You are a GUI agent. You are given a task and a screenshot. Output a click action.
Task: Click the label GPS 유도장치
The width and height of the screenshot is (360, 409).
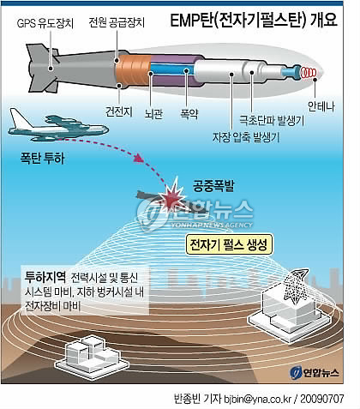click(x=45, y=23)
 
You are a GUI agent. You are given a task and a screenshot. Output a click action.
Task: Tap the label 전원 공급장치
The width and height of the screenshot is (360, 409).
click(x=117, y=22)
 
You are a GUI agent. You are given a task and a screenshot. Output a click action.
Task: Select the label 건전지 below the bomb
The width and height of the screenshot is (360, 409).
click(x=119, y=111)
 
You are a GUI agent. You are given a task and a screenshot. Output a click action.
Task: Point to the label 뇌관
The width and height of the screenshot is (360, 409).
click(x=153, y=114)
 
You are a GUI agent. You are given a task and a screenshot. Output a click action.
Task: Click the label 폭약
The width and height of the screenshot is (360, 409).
click(x=189, y=114)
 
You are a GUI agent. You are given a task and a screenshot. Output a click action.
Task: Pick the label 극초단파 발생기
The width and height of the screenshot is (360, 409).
click(x=272, y=120)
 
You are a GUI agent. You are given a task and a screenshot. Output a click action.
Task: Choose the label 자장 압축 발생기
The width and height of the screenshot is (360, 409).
click(x=246, y=137)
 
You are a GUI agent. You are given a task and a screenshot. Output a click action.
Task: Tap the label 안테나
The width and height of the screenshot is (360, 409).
click(x=321, y=106)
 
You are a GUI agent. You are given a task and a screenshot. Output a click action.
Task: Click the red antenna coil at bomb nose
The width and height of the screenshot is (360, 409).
click(x=309, y=73)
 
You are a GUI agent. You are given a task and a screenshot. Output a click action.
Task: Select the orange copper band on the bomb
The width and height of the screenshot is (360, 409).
click(x=133, y=69)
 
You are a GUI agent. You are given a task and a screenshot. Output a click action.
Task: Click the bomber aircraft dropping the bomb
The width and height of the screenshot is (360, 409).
click(x=58, y=126)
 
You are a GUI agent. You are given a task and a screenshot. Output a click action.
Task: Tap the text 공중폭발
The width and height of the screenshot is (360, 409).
click(x=213, y=185)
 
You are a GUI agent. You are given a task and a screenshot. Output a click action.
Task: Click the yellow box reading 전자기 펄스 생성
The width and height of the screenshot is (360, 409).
click(x=229, y=244)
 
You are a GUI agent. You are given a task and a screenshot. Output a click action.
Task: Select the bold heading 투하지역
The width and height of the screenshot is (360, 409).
click(x=45, y=276)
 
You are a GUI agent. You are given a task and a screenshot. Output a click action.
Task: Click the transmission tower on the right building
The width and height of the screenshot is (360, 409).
click(x=297, y=286)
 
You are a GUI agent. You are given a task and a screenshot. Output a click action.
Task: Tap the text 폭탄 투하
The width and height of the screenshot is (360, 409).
click(x=42, y=158)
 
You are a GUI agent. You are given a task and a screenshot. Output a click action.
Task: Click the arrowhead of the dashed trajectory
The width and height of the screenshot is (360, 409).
click(x=139, y=158)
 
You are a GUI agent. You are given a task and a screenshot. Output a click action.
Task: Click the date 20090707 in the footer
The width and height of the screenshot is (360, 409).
click(x=321, y=399)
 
